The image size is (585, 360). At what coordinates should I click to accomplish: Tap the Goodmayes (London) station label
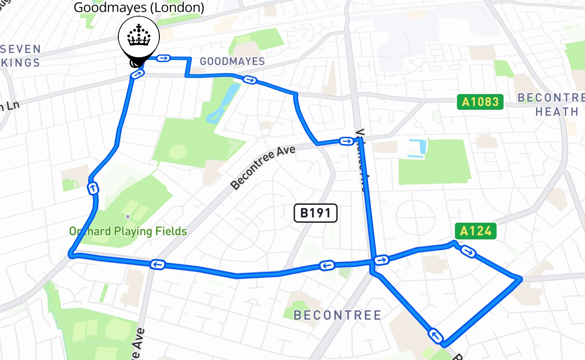click(x=139, y=8)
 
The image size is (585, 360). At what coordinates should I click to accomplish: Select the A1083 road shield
click(x=481, y=102)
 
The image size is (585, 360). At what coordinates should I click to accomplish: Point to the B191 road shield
click(x=315, y=213)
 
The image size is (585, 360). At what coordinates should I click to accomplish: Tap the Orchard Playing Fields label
click(x=128, y=232)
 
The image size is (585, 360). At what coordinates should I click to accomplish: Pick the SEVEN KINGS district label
click(x=20, y=56)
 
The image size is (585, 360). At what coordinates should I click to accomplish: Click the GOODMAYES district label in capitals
click(x=232, y=61)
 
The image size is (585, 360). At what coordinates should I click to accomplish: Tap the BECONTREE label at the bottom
click(x=337, y=315)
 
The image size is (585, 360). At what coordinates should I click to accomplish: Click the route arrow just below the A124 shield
click(x=468, y=252)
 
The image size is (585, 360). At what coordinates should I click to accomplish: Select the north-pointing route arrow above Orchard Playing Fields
click(x=93, y=188)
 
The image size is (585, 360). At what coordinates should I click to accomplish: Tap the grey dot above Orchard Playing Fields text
click(x=128, y=217)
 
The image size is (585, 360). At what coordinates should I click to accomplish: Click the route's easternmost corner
click(x=520, y=279)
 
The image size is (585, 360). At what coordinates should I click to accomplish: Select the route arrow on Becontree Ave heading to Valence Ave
click(x=346, y=142)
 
